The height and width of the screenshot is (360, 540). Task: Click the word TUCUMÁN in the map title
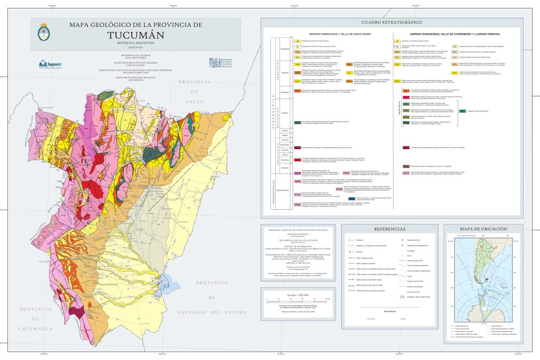tap(136, 35)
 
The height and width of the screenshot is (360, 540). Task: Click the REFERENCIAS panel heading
tap(390, 229)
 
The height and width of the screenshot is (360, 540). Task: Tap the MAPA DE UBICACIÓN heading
tap(483, 229)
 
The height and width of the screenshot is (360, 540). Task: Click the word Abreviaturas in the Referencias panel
tap(390, 311)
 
